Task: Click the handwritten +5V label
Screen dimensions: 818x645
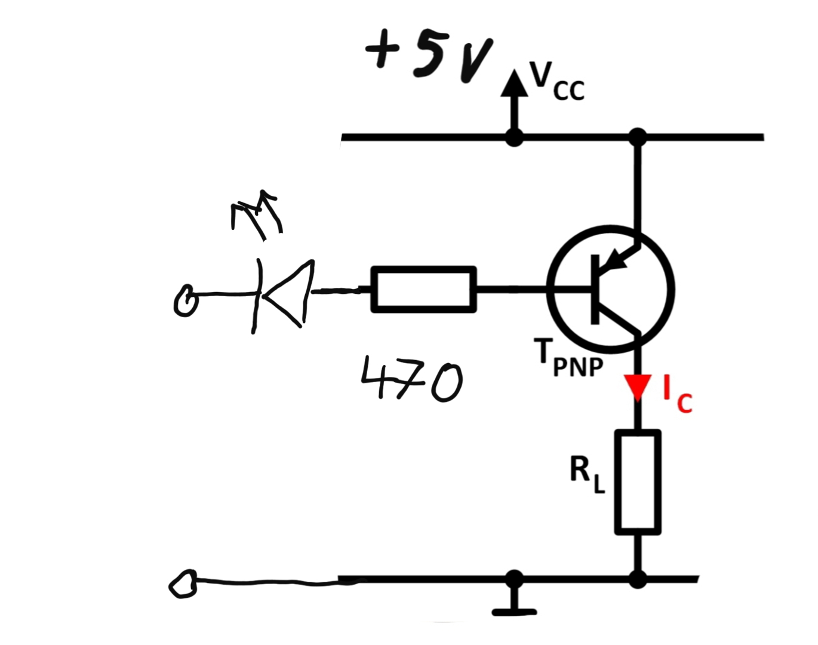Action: (x=429, y=58)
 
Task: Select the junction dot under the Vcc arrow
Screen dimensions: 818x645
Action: (x=514, y=137)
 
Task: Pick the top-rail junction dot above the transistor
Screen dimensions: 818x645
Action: (x=638, y=137)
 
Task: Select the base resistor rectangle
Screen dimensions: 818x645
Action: (x=424, y=290)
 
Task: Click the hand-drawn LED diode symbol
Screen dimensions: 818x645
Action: (x=283, y=296)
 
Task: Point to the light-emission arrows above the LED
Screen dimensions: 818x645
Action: (x=256, y=215)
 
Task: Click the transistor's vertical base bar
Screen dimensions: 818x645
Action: (x=595, y=290)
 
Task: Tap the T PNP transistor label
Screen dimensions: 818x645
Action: (x=568, y=358)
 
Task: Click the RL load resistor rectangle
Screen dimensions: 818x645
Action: (x=638, y=482)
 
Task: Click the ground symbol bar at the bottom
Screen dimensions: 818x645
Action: (x=514, y=612)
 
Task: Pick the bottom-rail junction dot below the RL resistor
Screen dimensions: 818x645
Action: (x=638, y=579)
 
